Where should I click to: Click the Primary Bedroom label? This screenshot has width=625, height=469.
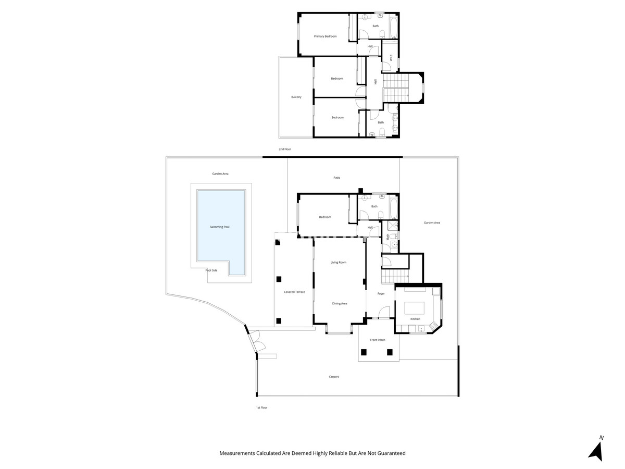pos(325,36)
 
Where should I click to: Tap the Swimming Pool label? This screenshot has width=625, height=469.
pos(219,227)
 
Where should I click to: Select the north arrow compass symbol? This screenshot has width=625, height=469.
pos(596,449)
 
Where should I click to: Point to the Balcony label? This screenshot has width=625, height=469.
pos(296,97)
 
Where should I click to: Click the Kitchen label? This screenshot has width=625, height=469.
pos(415,319)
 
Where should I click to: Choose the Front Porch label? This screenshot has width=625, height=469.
pos(378,340)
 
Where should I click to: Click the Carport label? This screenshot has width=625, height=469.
pos(334,377)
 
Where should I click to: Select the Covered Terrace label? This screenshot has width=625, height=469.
pos(294,292)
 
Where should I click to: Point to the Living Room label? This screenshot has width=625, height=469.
pos(338,263)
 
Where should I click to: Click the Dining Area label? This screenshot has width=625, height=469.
pos(340,303)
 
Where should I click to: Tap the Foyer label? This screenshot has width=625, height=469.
pos(381,294)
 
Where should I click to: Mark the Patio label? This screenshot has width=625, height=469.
pos(337,178)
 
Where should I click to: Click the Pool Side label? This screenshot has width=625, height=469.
pos(211,270)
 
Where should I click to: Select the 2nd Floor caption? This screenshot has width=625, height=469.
pos(284,150)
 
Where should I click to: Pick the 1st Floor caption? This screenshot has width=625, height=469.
pos(261,408)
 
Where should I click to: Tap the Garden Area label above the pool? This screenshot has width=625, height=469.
pos(220,174)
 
